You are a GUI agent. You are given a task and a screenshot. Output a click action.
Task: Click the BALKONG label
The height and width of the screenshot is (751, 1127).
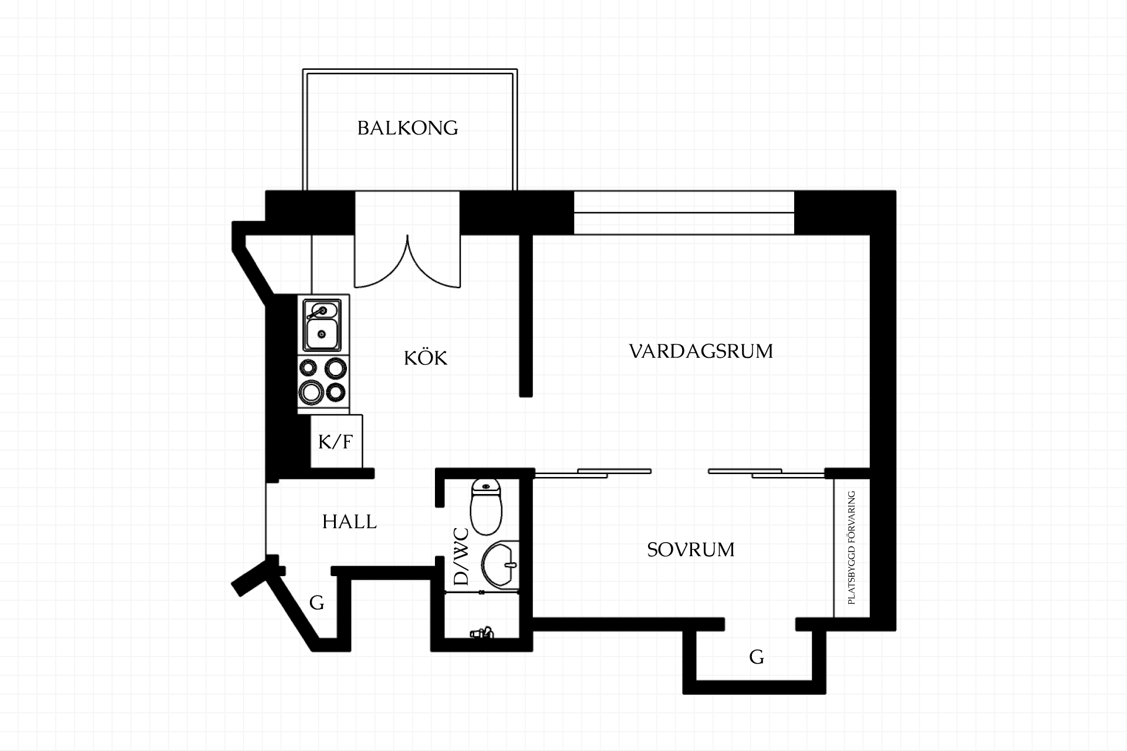[407, 128]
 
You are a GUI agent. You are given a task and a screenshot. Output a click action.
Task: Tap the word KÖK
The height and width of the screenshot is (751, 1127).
[426, 357]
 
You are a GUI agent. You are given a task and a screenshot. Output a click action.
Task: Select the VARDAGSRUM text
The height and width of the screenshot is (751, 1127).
[701, 351]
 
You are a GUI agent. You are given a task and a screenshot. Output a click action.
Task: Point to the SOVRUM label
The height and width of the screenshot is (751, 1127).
[691, 550]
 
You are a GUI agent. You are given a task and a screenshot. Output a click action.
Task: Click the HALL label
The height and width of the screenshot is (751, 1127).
[349, 522]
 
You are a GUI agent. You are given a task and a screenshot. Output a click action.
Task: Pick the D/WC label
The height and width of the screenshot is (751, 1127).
[462, 557]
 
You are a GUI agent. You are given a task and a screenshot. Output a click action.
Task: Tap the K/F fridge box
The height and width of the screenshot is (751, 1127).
[336, 441]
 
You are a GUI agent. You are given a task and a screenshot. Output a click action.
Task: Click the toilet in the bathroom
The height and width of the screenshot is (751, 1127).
[487, 507]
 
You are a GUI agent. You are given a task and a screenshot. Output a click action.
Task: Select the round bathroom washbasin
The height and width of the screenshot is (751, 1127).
[501, 566]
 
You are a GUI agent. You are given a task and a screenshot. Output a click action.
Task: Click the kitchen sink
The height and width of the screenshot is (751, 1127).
[322, 324]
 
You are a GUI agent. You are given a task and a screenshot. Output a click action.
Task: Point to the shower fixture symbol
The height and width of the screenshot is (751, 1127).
[482, 633]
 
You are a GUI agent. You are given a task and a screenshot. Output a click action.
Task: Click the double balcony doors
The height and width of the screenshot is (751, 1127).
[407, 261]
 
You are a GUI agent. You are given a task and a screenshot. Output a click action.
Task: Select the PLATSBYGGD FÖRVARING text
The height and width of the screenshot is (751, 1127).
[852, 548]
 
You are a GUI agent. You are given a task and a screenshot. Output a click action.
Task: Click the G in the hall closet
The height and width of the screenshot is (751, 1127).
[316, 603]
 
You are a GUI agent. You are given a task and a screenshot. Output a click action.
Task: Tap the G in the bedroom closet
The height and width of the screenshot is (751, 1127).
[757, 657]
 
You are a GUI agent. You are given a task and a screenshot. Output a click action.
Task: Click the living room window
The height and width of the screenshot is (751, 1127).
[684, 212]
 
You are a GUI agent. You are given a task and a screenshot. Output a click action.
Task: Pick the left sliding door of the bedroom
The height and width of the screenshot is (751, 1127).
[593, 473]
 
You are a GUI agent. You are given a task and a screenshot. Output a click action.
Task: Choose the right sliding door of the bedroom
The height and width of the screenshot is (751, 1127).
[767, 473]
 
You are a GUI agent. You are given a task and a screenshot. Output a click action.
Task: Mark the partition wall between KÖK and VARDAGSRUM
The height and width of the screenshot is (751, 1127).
[526, 316]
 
